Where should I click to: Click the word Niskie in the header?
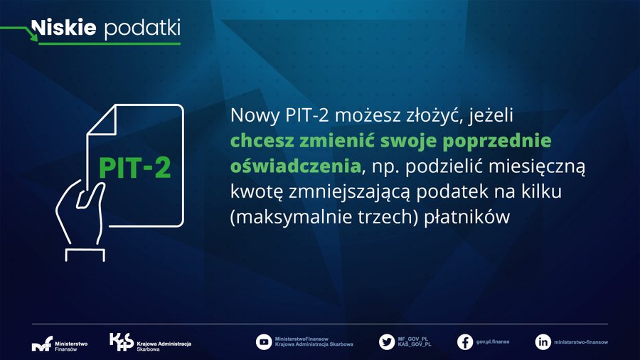(x=64, y=27)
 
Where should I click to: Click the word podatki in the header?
(x=142, y=29)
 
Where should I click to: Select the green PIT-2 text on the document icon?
(x=134, y=168)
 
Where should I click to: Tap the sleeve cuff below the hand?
(x=85, y=255)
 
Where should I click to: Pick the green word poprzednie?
(x=497, y=141)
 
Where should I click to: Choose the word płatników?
(x=467, y=217)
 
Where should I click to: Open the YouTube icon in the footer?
(x=264, y=342)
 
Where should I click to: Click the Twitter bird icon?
(x=387, y=342)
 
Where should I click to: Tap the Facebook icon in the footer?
(x=465, y=342)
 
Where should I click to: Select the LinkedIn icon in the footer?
(x=543, y=342)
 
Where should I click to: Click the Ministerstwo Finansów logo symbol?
(x=42, y=343)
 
